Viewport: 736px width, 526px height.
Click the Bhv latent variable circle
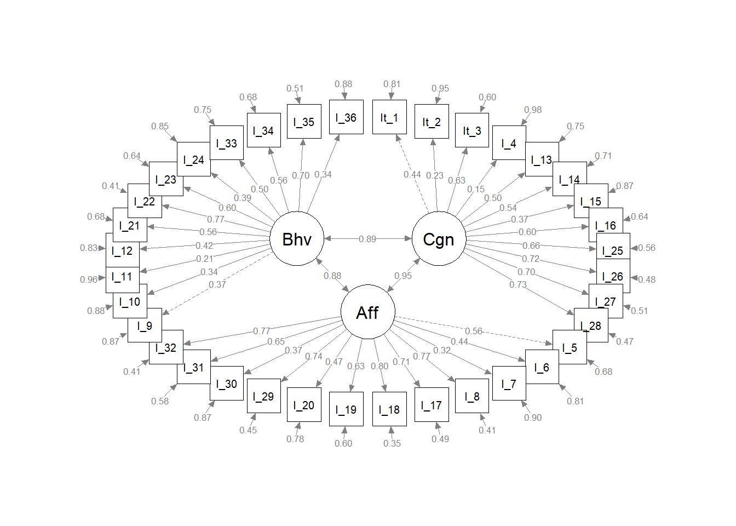(x=297, y=239)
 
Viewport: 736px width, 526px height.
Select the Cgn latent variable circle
(x=439, y=239)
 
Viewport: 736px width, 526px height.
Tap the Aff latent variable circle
(x=367, y=312)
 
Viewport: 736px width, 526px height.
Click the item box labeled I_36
(x=346, y=117)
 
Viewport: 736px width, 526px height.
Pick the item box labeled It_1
(x=389, y=117)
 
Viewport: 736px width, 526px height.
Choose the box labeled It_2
(x=432, y=122)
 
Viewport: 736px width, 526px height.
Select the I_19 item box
(x=346, y=409)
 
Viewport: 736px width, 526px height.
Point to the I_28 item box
(x=591, y=325)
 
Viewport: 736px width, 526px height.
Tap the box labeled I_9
(x=145, y=325)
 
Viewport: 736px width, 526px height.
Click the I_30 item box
(x=227, y=384)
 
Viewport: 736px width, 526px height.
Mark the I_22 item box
(x=145, y=201)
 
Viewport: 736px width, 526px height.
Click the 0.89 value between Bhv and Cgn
(x=367, y=239)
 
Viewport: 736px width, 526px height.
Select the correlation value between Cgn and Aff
(x=403, y=276)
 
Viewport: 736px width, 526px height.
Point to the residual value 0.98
(x=533, y=110)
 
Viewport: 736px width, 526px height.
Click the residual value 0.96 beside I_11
(x=89, y=279)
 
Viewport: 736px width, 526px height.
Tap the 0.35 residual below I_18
(x=392, y=443)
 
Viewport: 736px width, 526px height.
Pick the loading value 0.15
(x=476, y=189)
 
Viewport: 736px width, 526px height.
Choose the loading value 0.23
(x=435, y=175)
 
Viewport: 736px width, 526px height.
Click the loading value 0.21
(x=204, y=259)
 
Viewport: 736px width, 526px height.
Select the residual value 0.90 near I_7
(x=533, y=418)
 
